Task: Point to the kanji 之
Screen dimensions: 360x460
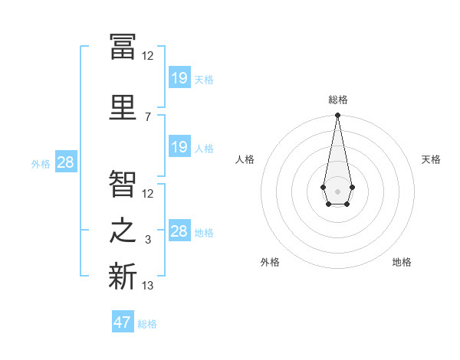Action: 123,231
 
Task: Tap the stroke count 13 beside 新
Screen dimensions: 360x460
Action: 148,286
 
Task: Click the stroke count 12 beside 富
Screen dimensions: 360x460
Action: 148,55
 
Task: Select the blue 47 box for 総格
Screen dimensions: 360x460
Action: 123,322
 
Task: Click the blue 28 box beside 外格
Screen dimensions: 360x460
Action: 65,162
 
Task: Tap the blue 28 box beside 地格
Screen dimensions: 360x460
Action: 179,231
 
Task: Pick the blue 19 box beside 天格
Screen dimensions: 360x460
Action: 179,77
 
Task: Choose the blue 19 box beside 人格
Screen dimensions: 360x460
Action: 179,147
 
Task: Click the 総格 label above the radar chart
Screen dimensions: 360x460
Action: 338,100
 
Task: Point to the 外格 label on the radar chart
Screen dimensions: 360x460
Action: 270,262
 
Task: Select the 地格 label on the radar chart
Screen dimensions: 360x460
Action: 402,262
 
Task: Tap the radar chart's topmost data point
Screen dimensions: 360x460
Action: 337,116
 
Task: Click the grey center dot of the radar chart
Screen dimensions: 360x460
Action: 337,190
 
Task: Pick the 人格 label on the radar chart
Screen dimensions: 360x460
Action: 245,159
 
